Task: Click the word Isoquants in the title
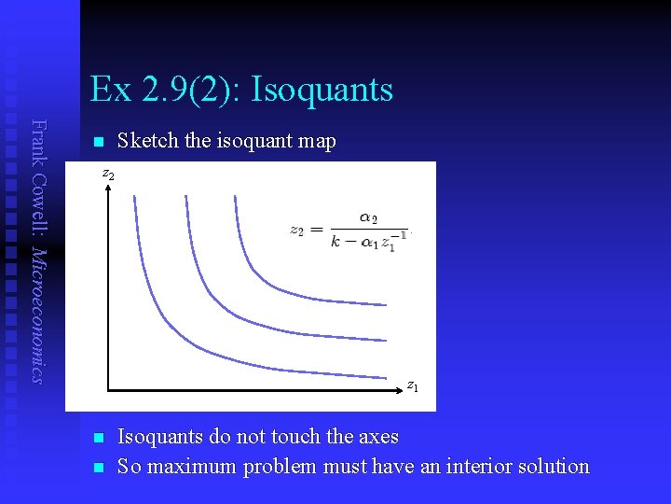pos(322,91)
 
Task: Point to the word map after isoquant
pos(315,141)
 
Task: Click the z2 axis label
pos(108,175)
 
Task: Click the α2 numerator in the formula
pos(368,218)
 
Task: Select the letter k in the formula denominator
pos(335,241)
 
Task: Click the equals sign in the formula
pos(316,231)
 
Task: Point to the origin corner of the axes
pos(107,387)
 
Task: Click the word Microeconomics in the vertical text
pos(38,315)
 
